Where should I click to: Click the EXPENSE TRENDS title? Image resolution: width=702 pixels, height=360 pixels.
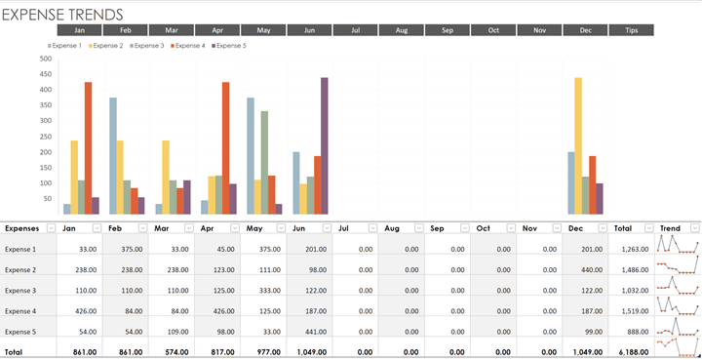click(x=63, y=14)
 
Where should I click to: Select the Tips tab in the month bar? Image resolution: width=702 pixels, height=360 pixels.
click(x=632, y=30)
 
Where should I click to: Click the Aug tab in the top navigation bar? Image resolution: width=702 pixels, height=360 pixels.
click(x=401, y=30)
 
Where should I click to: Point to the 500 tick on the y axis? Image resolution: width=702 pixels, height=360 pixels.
click(x=45, y=59)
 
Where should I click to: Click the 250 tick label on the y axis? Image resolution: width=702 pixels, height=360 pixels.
click(x=45, y=137)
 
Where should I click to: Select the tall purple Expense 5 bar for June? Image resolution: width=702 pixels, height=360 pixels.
click(x=324, y=146)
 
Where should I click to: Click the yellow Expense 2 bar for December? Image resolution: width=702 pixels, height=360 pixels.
click(x=578, y=146)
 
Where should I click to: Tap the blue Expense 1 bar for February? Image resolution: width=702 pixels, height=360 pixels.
click(x=113, y=156)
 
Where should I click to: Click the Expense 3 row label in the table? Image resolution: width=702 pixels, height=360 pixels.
click(x=20, y=290)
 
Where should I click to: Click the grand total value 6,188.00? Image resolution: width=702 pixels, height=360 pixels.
click(x=635, y=351)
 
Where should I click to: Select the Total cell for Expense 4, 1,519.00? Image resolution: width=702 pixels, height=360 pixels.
click(x=635, y=310)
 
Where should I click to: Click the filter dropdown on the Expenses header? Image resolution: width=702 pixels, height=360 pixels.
click(x=50, y=228)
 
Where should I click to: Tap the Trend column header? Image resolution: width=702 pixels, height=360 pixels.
click(x=670, y=228)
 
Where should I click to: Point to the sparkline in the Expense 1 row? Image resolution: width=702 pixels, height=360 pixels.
click(x=678, y=245)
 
